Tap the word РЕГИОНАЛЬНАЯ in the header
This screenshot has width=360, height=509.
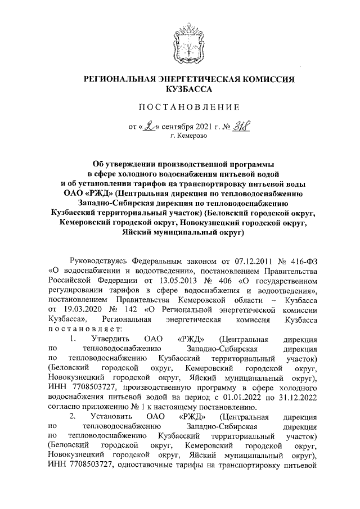[118, 79]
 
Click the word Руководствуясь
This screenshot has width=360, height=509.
[97, 260]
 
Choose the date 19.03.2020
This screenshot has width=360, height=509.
[75, 310]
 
